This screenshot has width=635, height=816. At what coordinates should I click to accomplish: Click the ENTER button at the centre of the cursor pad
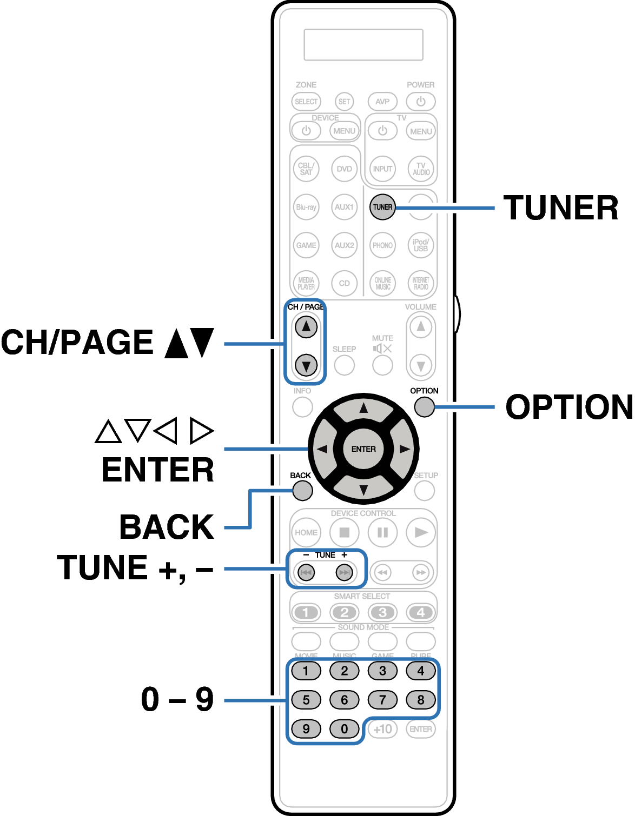click(363, 449)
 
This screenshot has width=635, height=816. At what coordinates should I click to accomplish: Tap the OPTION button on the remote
click(425, 407)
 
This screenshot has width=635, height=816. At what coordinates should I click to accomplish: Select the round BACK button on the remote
click(302, 491)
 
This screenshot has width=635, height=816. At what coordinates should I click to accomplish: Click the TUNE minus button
click(306, 572)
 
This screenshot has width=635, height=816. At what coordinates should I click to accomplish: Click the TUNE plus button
click(344, 572)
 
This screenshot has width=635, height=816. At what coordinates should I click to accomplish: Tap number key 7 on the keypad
click(382, 700)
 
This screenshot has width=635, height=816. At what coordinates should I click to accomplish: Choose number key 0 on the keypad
click(344, 728)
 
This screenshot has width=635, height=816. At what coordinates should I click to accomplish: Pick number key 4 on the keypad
click(421, 671)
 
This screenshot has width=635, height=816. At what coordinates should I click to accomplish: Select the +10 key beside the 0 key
click(382, 728)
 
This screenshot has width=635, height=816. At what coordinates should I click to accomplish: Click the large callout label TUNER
click(561, 208)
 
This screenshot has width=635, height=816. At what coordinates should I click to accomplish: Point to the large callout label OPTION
click(568, 407)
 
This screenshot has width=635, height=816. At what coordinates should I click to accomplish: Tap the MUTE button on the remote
click(382, 365)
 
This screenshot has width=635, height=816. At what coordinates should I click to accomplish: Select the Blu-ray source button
click(306, 207)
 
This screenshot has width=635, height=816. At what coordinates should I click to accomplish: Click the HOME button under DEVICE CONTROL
click(306, 532)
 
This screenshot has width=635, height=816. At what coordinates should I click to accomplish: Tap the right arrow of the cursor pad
click(404, 449)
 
